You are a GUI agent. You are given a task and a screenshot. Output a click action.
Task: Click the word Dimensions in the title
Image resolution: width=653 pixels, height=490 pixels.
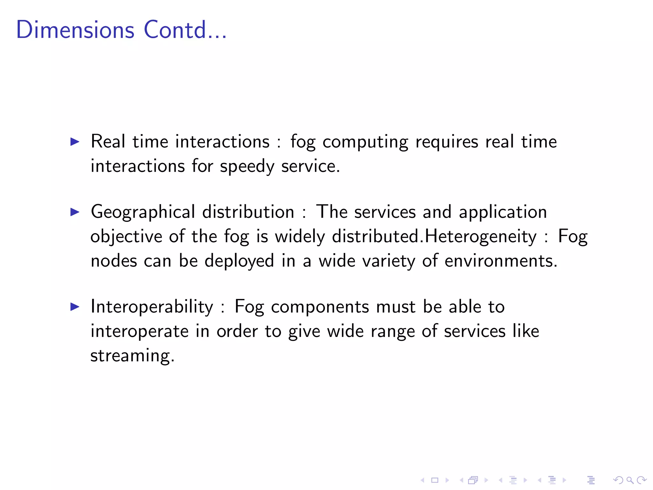[75, 30]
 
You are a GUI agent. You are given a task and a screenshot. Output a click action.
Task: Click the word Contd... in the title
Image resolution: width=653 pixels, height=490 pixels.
[185, 30]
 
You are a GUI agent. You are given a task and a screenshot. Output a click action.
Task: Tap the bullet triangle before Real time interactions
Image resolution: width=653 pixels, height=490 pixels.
[75, 142]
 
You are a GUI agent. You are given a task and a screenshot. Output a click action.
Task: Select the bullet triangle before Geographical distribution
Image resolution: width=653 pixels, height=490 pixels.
[75, 212]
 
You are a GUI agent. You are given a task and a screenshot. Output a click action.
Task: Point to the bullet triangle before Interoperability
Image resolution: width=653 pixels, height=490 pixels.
[75, 307]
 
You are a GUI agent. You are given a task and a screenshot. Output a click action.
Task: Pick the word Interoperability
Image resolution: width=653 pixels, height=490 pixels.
[152, 307]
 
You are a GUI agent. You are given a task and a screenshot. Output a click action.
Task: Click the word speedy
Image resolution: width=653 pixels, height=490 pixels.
[247, 167]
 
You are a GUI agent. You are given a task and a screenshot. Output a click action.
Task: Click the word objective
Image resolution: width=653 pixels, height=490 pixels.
[126, 237]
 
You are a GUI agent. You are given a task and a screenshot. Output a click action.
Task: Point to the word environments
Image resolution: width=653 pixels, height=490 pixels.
[501, 261]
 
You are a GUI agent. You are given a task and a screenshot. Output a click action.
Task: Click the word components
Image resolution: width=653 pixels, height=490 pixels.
[320, 307]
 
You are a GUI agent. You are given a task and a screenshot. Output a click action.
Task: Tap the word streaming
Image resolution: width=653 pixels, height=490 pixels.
[132, 356]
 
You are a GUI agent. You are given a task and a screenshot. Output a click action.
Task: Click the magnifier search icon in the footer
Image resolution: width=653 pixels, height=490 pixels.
[629, 480]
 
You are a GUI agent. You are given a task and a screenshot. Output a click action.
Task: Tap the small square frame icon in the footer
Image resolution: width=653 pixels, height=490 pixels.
[435, 480]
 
